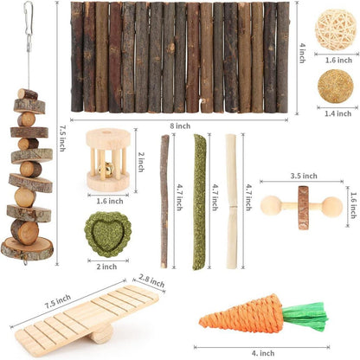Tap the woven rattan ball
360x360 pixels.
(x=336, y=29)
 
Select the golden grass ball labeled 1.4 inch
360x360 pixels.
(x=336, y=87)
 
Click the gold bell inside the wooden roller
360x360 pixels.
(x=102, y=168)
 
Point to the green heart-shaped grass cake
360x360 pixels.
(x=108, y=235)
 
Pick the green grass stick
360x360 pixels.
(x=199, y=202)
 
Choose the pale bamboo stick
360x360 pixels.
(x=231, y=202)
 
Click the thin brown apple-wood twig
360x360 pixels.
(x=164, y=202)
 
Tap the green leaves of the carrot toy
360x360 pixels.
(x=305, y=316)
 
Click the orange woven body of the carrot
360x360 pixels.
(x=241, y=315)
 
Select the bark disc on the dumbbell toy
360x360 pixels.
(x=303, y=208)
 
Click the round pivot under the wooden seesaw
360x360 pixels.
(x=101, y=334)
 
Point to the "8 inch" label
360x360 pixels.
(x=180, y=126)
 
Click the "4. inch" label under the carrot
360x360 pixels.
(x=263, y=353)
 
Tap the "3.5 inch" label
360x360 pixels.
(x=304, y=176)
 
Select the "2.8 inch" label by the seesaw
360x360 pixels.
(x=151, y=280)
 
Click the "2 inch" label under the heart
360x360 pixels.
(x=107, y=267)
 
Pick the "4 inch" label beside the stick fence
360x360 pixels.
(x=302, y=53)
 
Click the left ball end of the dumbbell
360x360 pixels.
(x=271, y=205)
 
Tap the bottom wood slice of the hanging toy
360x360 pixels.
(x=27, y=248)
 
